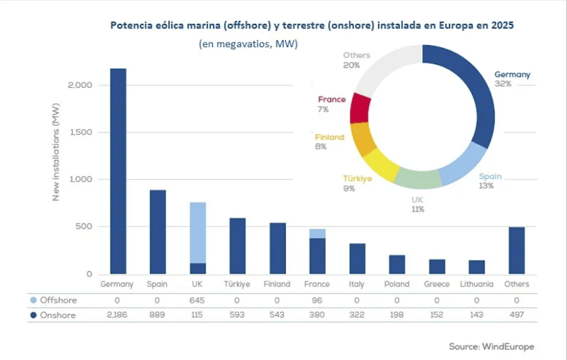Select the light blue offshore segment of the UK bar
point(198,232)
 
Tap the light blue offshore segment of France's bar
point(318,234)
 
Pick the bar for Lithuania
point(477,267)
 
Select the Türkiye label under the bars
point(238,284)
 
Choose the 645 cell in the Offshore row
point(198,300)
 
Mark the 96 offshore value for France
point(318,300)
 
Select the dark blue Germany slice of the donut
point(476,102)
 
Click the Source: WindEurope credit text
point(491,346)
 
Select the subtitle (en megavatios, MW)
point(248,44)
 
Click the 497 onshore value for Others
point(517,315)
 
